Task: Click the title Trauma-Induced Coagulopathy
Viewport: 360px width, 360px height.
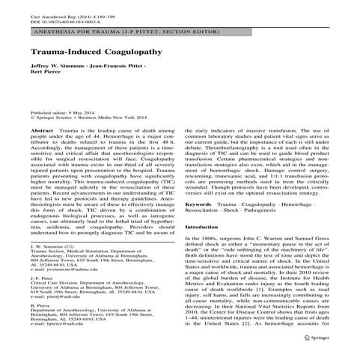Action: point(97,55)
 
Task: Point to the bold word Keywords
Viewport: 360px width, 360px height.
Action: point(199,182)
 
